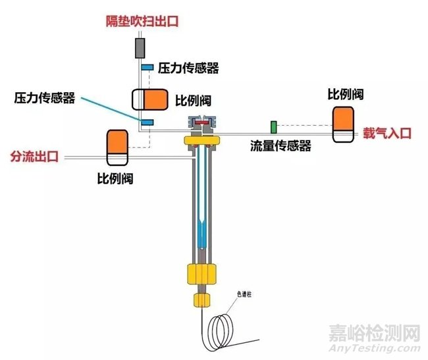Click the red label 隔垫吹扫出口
142,21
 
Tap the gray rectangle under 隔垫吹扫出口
140,47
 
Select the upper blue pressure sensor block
147,68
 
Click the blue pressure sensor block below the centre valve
146,122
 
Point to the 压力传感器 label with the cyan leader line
45,97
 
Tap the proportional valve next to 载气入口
344,123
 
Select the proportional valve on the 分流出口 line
117,147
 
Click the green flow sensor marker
273,126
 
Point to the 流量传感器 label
281,146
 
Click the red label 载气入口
387,134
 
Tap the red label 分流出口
34,157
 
